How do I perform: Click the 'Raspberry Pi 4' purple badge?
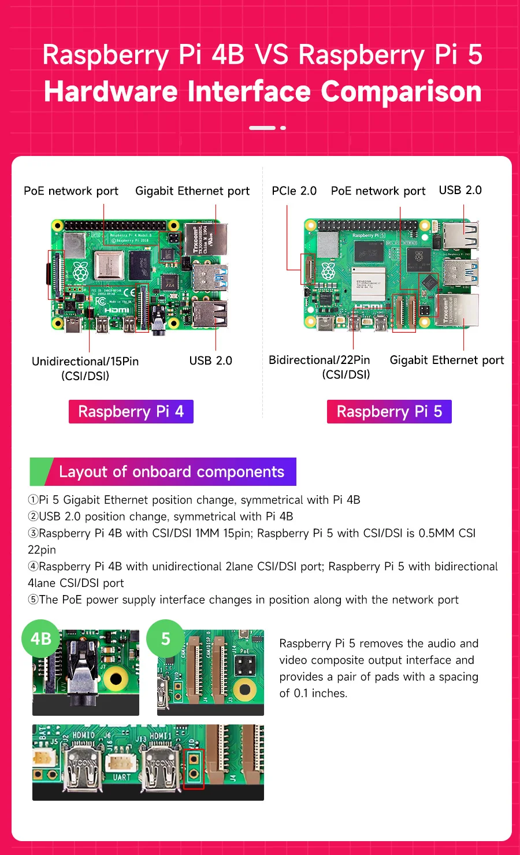point(131,411)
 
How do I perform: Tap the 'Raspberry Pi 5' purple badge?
point(389,411)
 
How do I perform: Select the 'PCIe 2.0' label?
point(294,191)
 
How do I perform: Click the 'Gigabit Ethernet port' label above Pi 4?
point(192,191)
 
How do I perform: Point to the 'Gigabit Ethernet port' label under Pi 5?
point(447,360)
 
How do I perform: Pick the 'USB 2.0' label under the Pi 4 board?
point(210,360)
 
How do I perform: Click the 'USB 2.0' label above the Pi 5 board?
point(460,190)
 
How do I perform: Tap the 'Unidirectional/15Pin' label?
point(86,361)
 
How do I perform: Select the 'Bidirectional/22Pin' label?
point(319,360)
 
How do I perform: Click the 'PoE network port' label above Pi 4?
point(71,191)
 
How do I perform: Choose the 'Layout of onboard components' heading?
point(171,472)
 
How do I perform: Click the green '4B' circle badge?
point(40,638)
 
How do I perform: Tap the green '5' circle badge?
point(166,638)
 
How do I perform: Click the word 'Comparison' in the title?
point(401,92)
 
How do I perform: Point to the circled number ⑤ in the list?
point(33,600)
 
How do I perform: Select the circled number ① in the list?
point(33,500)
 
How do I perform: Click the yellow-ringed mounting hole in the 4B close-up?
point(116,679)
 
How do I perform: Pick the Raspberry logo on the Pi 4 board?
point(80,271)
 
